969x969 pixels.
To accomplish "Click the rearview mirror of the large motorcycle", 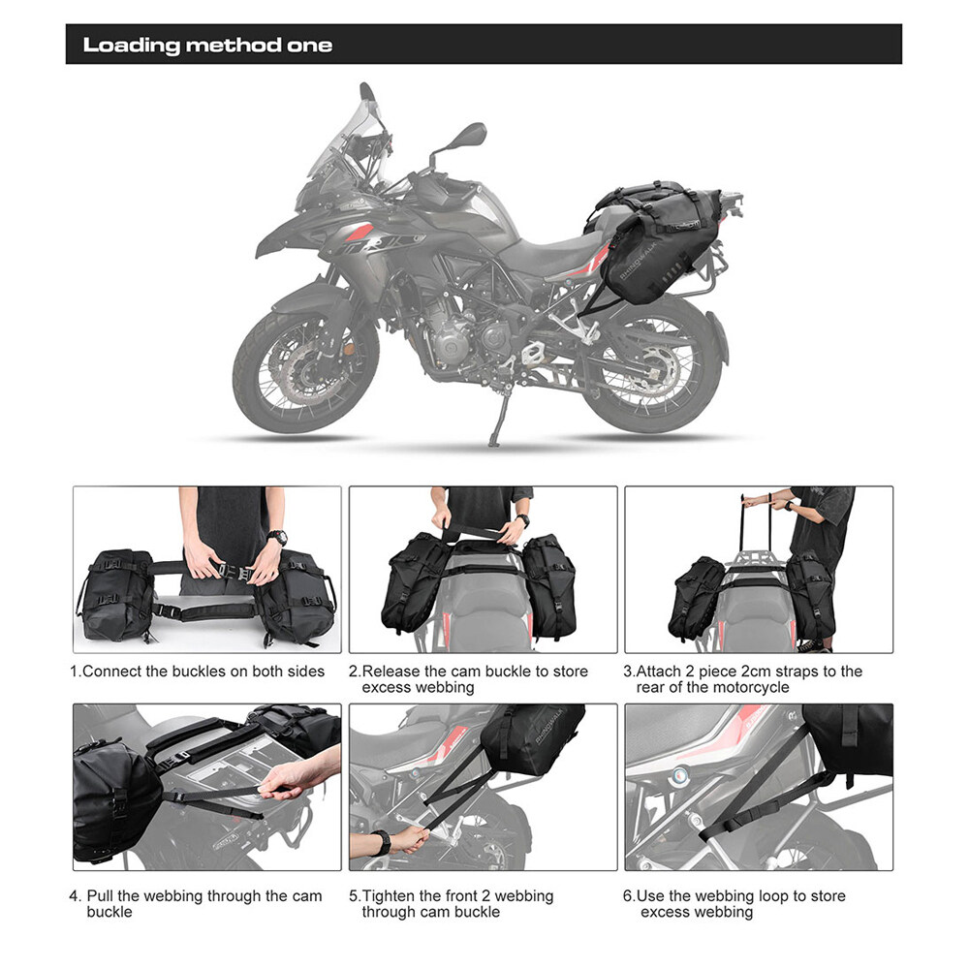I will pyautogui.click(x=465, y=134).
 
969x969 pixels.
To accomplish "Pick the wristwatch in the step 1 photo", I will pyautogui.click(x=278, y=536).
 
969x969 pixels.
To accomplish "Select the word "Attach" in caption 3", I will pyautogui.click(x=662, y=672).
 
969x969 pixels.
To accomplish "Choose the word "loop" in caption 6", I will pyautogui.click(x=769, y=896).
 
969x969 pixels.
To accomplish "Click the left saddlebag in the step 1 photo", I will pyautogui.click(x=115, y=596).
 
